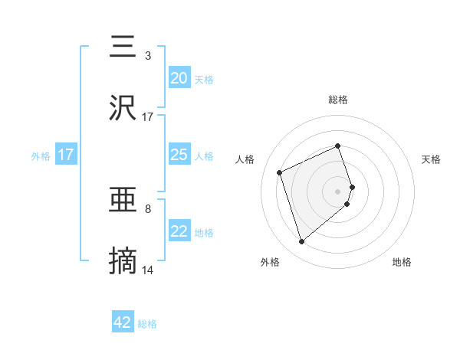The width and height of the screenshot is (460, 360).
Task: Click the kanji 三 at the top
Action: [x=123, y=47]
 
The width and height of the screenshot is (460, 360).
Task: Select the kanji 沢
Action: [x=123, y=108]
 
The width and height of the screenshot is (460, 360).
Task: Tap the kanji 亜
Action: [x=123, y=201]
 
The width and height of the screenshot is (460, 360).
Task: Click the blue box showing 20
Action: [x=179, y=77]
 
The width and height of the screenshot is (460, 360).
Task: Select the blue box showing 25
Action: [x=179, y=155]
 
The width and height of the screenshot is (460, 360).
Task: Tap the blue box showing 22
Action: [x=179, y=231]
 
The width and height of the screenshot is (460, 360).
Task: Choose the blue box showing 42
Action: [x=123, y=322]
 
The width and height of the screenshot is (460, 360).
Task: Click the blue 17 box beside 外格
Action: [x=66, y=155]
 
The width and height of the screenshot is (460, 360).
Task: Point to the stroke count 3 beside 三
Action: [x=148, y=55]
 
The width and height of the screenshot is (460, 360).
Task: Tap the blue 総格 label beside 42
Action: [x=147, y=324]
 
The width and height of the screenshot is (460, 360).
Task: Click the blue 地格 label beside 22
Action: [x=204, y=233]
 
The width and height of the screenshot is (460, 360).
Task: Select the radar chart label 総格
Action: [x=338, y=100]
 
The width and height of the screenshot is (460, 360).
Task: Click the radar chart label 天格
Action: [x=431, y=159]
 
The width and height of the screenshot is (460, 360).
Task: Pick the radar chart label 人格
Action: [x=245, y=159]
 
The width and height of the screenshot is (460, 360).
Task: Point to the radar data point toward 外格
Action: [x=301, y=242]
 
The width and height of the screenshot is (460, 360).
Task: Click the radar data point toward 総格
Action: [x=337, y=146]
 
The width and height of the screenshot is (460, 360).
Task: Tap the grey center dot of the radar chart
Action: [x=338, y=190]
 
